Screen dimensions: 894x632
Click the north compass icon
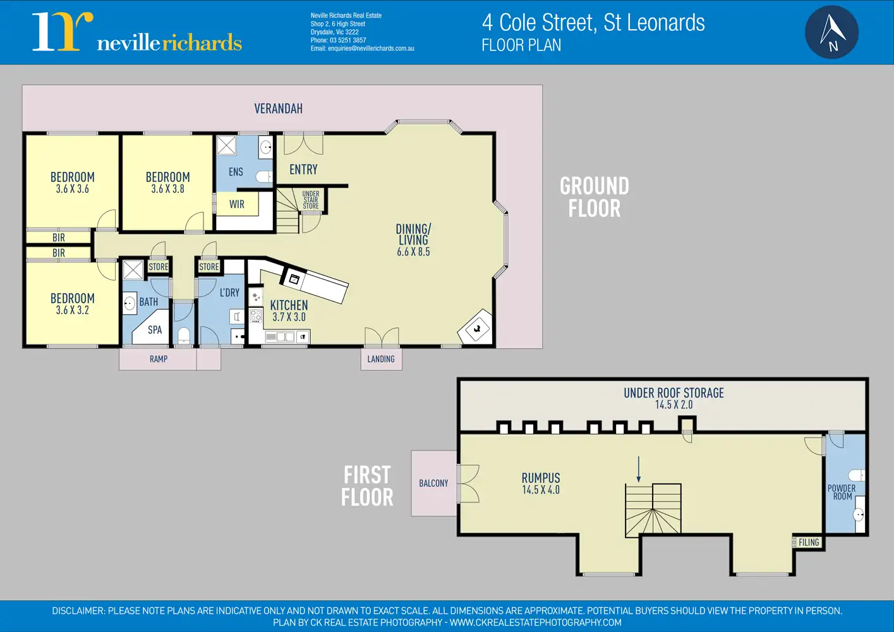(x=831, y=32)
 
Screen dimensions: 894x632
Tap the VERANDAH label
(x=278, y=109)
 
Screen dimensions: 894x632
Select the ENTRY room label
(x=303, y=169)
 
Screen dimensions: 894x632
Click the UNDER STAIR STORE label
(x=311, y=200)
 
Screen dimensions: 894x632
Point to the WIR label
(x=237, y=204)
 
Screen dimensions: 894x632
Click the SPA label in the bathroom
(x=155, y=329)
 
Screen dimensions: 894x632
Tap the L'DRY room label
(x=229, y=293)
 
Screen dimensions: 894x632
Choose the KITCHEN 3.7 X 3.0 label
(x=289, y=311)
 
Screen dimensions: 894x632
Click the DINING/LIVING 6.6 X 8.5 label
(x=413, y=240)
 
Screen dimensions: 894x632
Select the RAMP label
(x=159, y=359)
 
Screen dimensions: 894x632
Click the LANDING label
(x=381, y=359)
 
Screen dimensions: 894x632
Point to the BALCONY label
(x=433, y=483)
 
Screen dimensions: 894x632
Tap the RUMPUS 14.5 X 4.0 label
(x=541, y=483)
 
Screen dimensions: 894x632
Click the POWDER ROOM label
(x=842, y=492)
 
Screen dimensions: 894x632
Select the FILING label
(x=809, y=542)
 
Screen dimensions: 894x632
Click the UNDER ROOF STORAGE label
(x=674, y=398)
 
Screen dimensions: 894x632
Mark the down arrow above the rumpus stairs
(x=638, y=469)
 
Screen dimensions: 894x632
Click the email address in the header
(x=371, y=48)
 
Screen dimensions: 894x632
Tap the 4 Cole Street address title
(x=593, y=23)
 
